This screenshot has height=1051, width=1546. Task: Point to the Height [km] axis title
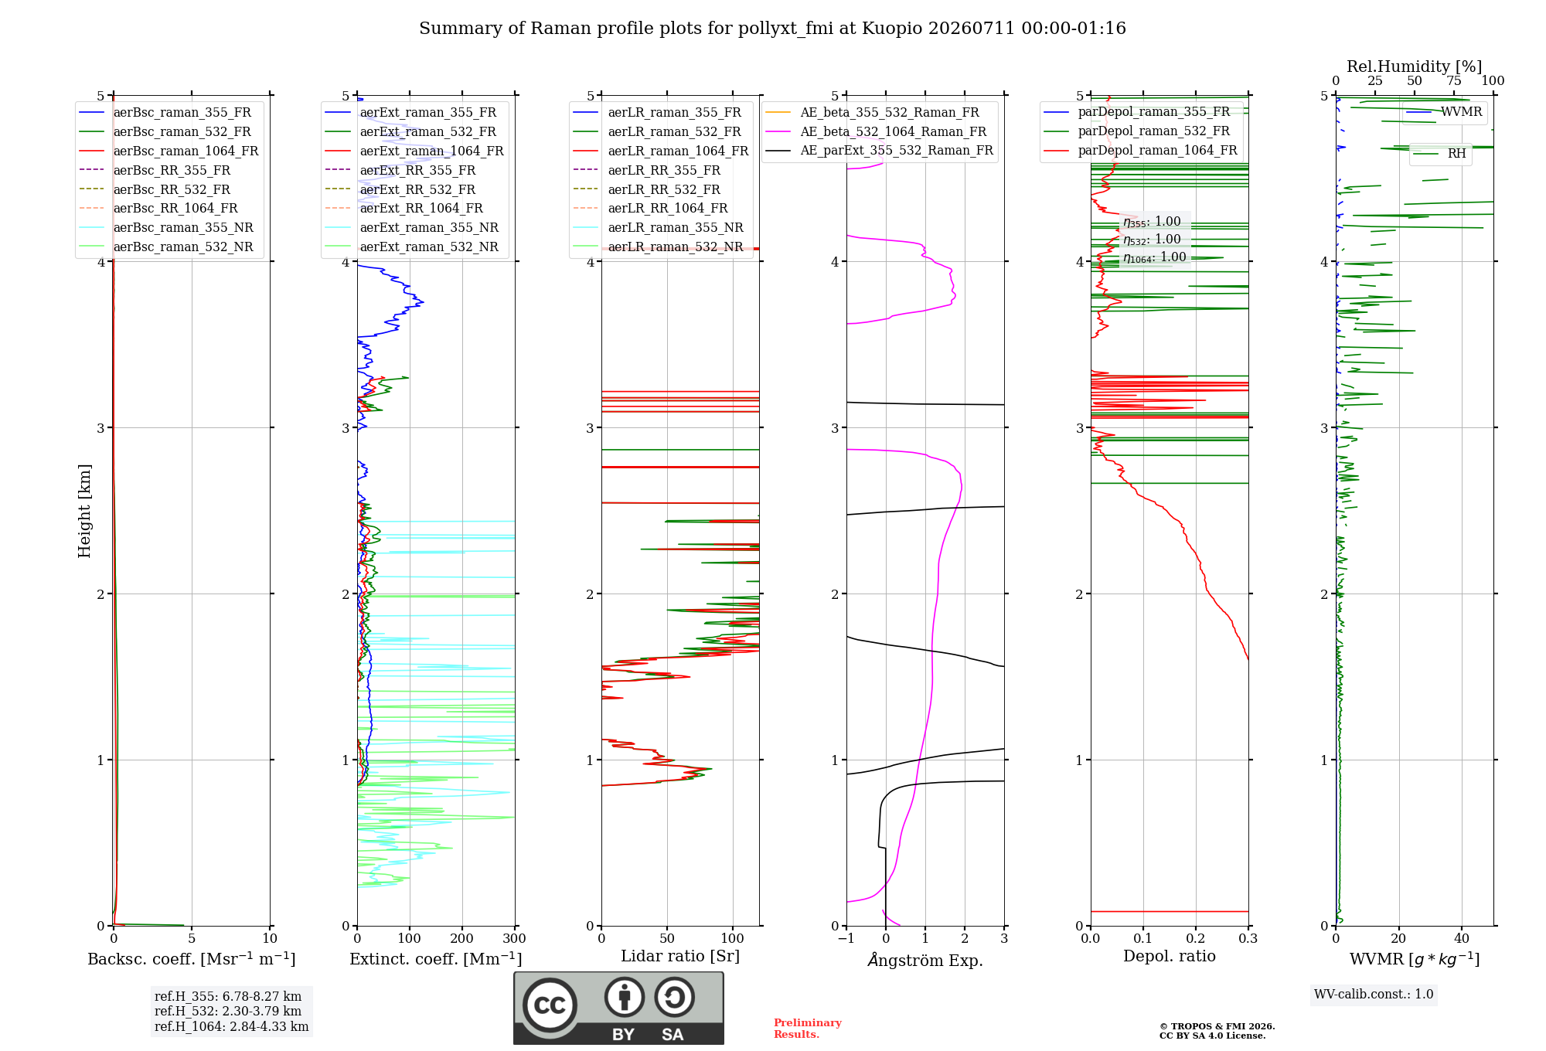point(84,511)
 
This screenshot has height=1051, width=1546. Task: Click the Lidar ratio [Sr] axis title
point(680,956)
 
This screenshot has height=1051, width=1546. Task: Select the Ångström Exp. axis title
point(925,960)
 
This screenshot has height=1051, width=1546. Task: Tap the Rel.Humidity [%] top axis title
point(1415,66)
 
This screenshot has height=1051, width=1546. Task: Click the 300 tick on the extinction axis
point(514,938)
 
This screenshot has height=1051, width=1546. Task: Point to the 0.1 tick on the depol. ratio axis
point(1142,938)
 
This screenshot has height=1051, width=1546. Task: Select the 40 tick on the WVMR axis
point(1462,938)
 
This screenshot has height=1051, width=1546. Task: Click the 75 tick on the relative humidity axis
point(1454,80)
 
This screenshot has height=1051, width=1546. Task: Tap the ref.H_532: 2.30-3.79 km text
point(228,1011)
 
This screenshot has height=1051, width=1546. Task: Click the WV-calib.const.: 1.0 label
point(1374,994)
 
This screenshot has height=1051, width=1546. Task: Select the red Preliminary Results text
point(808,1029)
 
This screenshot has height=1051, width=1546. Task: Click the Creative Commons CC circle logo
point(550,1005)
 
